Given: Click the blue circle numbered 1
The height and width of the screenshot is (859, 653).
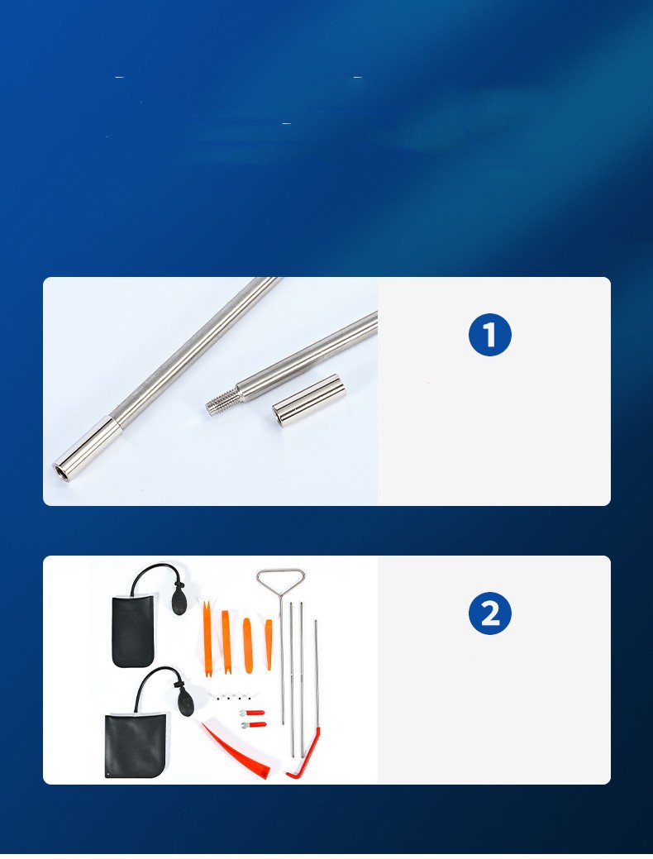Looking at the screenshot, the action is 489,335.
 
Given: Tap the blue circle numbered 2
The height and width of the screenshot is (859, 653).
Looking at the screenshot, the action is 489,613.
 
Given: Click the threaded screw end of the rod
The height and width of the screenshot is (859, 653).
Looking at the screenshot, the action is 222,398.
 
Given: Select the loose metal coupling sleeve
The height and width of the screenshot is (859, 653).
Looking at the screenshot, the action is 309,398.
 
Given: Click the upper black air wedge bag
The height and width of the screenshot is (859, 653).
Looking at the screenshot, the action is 133,631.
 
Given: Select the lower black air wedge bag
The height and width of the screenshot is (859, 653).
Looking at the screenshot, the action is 134,745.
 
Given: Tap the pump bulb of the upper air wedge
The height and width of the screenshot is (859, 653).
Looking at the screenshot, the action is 179,599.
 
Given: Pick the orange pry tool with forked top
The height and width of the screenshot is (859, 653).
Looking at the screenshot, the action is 207,639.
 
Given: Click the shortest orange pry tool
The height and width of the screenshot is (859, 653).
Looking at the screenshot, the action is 269,644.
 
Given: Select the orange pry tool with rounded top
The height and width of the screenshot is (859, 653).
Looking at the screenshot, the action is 248,646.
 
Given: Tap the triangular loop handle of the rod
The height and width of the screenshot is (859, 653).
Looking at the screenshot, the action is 280,582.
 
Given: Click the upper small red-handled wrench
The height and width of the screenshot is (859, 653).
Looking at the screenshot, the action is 252,713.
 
